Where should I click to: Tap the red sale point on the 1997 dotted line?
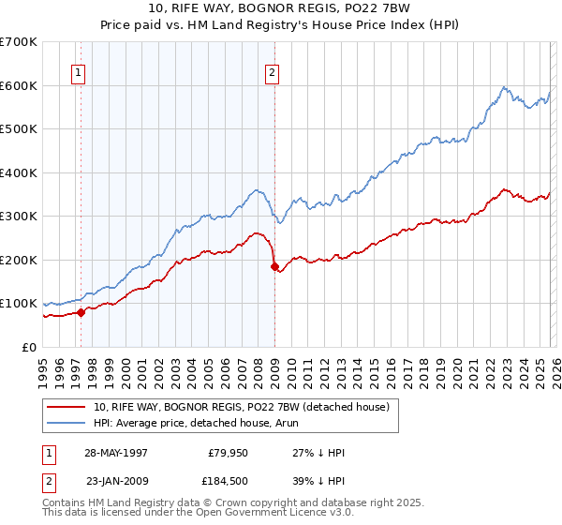[81, 312]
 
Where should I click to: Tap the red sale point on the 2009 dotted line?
[274, 267]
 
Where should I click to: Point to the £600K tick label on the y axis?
[19, 85]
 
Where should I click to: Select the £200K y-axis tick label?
[19, 260]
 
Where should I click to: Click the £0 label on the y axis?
[30, 347]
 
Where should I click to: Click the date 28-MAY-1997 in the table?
[116, 452]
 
